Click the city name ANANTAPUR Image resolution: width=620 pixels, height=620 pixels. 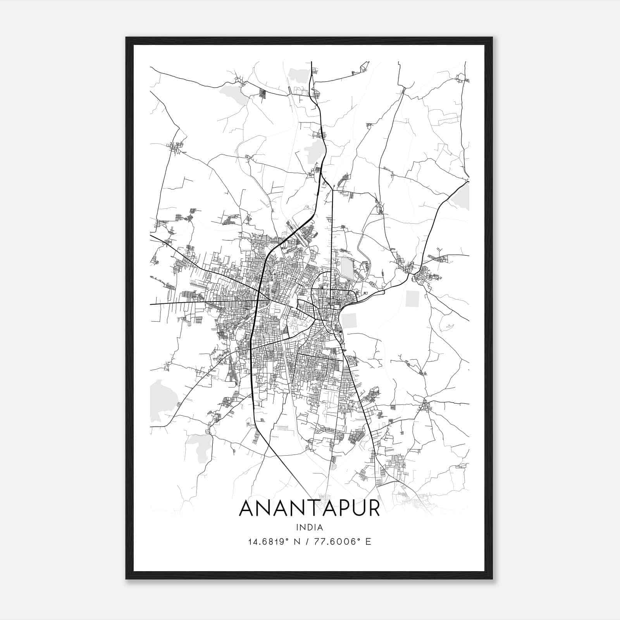[310, 508]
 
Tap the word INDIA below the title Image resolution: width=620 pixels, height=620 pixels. [310, 527]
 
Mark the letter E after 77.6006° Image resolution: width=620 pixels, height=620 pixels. [368, 542]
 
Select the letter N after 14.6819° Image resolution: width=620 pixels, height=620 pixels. [297, 542]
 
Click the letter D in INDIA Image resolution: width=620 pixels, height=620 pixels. [309, 527]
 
